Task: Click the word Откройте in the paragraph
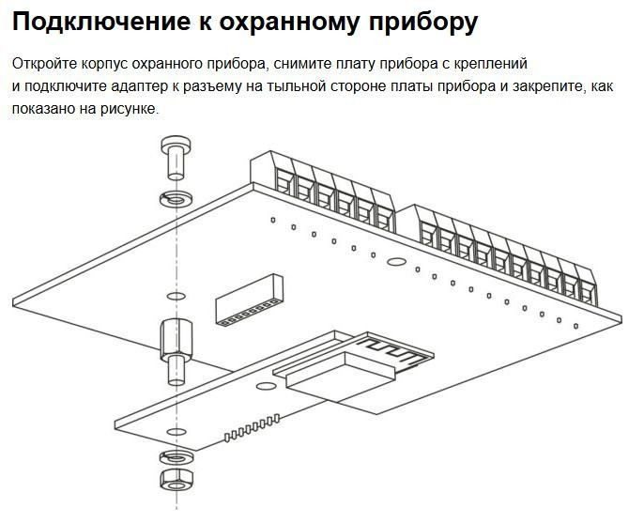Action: point(43,64)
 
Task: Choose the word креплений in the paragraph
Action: point(494,64)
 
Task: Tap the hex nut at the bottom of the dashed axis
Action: point(175,479)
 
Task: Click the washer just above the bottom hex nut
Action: point(175,457)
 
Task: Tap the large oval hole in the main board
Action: point(397,262)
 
